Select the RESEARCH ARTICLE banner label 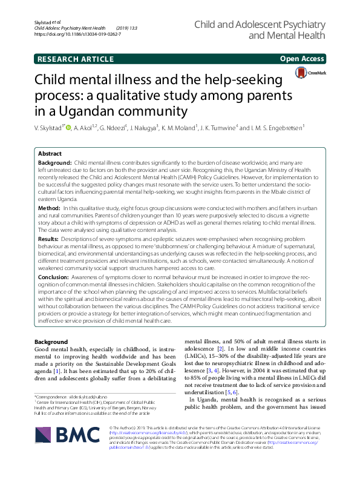[x=76, y=59]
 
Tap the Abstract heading [x=50, y=154]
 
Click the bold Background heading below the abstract [x=51, y=342]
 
